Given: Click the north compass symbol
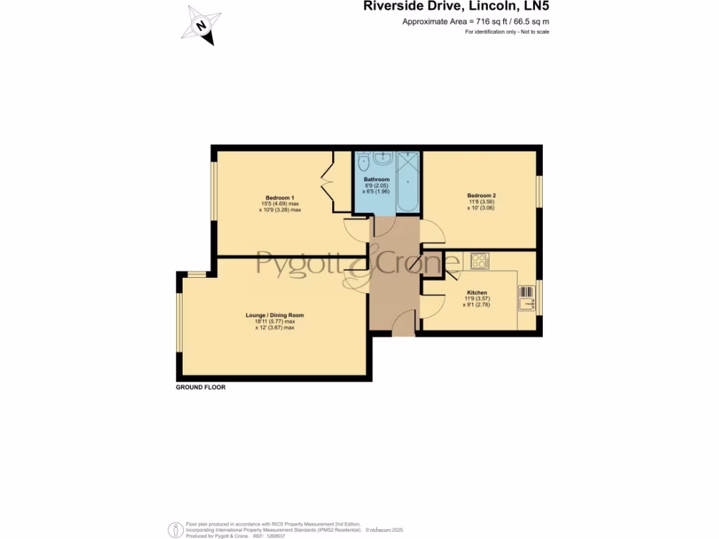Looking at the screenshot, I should point(202,25).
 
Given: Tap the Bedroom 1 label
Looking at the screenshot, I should point(279,197).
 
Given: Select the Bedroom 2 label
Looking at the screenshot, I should point(481,195).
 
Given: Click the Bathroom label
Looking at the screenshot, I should point(376,180).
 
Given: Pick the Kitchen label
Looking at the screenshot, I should point(477,293).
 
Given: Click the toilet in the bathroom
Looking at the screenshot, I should point(362,163).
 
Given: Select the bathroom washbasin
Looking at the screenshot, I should point(384,159).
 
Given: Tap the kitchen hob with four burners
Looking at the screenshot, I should point(480,260).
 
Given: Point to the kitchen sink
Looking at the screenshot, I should point(527,298).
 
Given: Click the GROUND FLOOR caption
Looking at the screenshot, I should point(201,387).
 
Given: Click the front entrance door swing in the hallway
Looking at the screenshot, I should point(404,324).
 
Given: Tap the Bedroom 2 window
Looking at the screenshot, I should point(539,192).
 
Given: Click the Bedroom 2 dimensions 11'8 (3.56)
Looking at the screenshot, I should point(481,202).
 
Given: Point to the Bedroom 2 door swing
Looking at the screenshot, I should point(431,232).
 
